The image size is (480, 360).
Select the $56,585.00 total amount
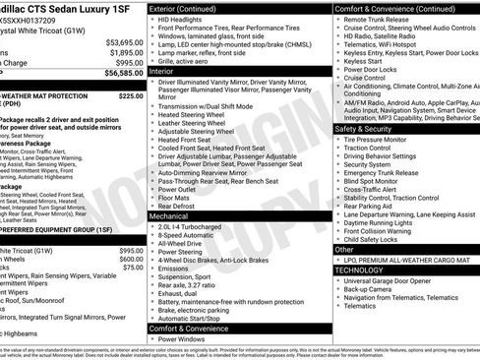coord(124,73)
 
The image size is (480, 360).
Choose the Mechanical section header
coord(169,215)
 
